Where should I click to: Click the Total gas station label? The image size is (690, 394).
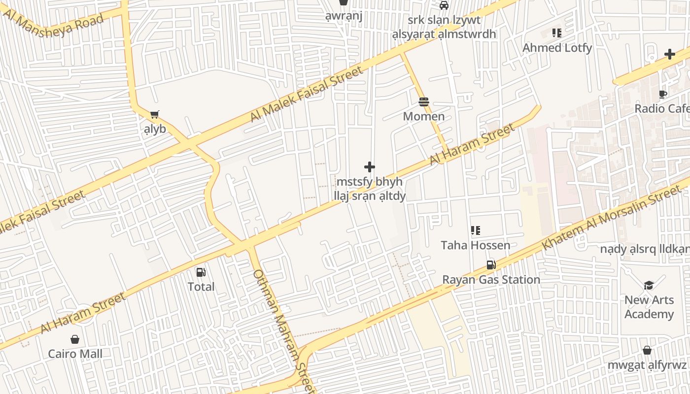pos(201,287)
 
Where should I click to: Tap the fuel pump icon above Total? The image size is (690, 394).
pos(201,272)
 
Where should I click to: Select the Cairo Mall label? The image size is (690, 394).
pos(75,354)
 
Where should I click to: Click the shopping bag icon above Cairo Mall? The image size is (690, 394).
pos(75,339)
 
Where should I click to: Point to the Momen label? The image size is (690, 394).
pos(424,116)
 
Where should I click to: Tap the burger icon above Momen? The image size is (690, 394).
pos(424,102)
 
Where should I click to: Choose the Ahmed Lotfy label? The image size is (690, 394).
pos(557,48)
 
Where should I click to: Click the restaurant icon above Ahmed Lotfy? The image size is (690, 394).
pos(557,33)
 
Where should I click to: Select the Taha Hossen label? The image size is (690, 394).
pos(476,245)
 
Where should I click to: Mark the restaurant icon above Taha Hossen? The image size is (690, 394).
pos(476,230)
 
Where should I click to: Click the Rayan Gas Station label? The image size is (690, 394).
pos(491,279)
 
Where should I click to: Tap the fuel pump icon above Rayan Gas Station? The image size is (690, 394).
pos(491,265)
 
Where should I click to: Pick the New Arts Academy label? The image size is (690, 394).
pos(649,307)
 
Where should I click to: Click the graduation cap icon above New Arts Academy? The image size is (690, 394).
pos(649,285)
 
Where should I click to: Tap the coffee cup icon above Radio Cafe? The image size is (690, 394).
pos(663,94)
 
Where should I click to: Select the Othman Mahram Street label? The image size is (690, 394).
pos(283,330)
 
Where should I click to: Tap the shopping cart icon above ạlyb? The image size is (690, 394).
pos(155,114)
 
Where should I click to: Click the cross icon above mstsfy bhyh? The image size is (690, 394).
pos(370,167)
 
